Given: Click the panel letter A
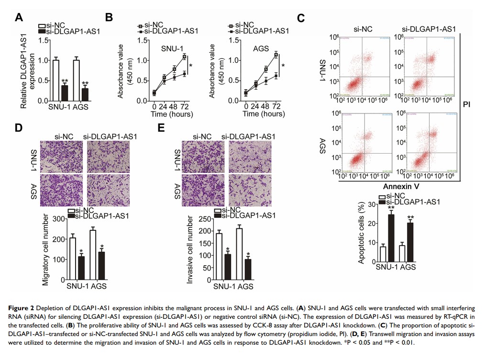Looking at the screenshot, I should pyautogui.click(x=19, y=18).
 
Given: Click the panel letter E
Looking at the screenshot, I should pyautogui.click(x=161, y=128).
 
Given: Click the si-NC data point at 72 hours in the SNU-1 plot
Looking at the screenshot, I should pyautogui.click(x=184, y=56).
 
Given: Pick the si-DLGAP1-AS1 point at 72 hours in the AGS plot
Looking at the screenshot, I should pyautogui.click(x=276, y=76).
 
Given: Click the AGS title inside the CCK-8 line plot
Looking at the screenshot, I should pyautogui.click(x=261, y=49).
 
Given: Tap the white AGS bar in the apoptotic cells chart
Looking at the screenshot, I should pyautogui.click(x=402, y=252).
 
